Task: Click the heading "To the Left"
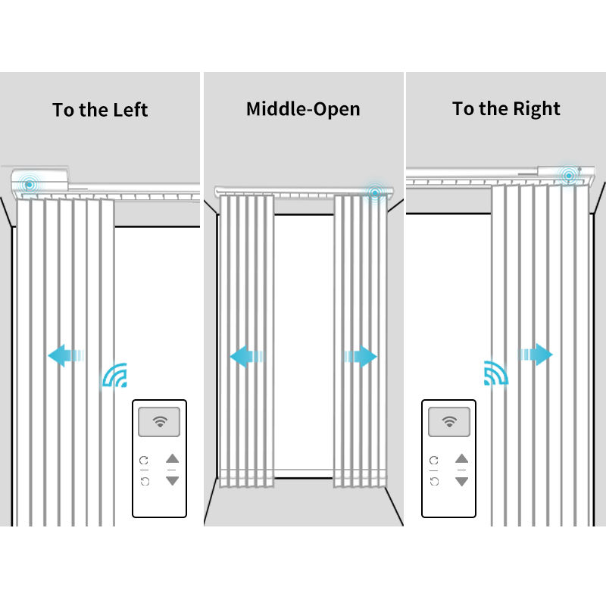pos(100,110)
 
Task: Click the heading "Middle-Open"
pos(303,109)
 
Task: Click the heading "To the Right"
pos(506,109)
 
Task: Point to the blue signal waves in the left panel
pos(114,376)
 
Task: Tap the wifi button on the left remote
pos(159,422)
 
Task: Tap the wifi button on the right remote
pos(448,422)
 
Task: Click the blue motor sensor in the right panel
pos(568,176)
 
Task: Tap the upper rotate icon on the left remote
pos(145,460)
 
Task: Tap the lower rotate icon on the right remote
pos(434,481)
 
